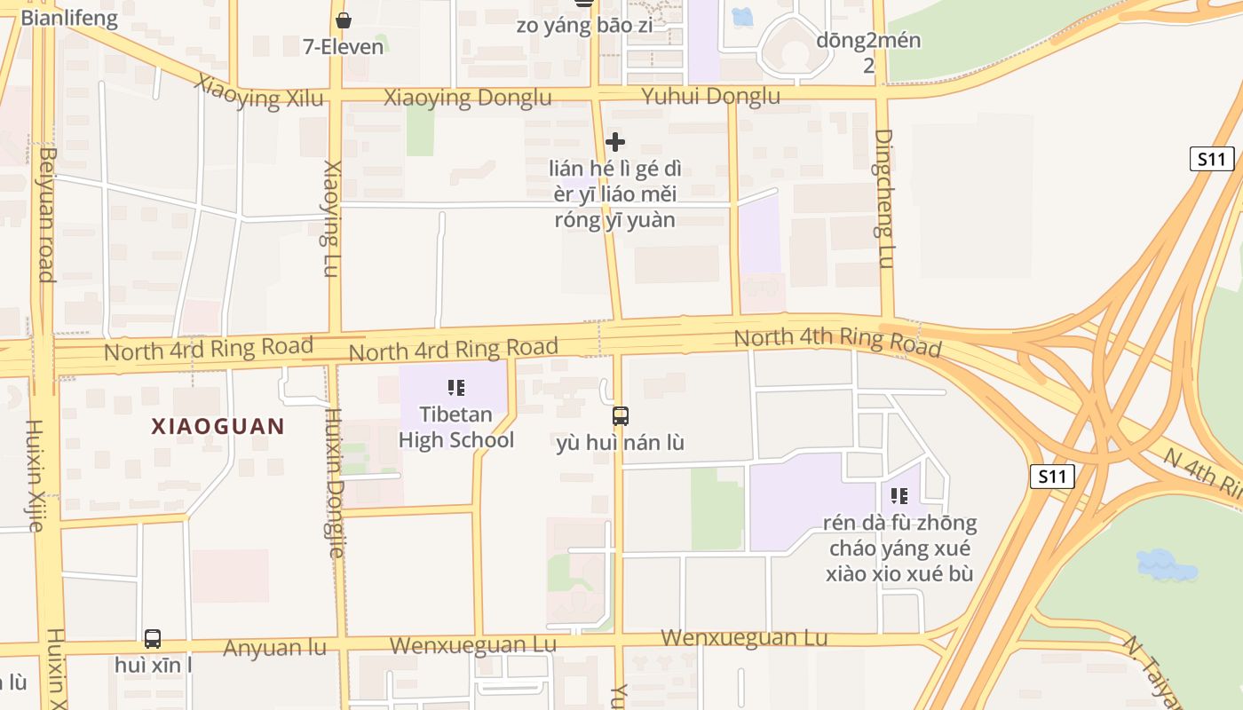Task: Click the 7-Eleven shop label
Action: [344, 46]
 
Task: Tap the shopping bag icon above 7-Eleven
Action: [344, 20]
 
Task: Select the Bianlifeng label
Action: [68, 19]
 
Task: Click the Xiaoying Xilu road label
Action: [259, 92]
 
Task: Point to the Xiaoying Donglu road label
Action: [467, 98]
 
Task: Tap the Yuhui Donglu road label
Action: [710, 96]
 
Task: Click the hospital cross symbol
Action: [614, 142]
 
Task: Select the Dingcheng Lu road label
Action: [883, 198]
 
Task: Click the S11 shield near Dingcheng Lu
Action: [1212, 159]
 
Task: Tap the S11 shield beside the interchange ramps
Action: [1052, 477]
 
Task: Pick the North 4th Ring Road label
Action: [837, 341]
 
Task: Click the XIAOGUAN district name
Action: [218, 426]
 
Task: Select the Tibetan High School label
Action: [455, 427]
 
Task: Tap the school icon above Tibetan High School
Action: [456, 387]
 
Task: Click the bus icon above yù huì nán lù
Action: [620, 415]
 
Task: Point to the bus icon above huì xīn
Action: [153, 638]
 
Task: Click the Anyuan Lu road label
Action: [274, 648]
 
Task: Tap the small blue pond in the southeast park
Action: [1166, 564]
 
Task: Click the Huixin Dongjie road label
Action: [333, 483]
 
